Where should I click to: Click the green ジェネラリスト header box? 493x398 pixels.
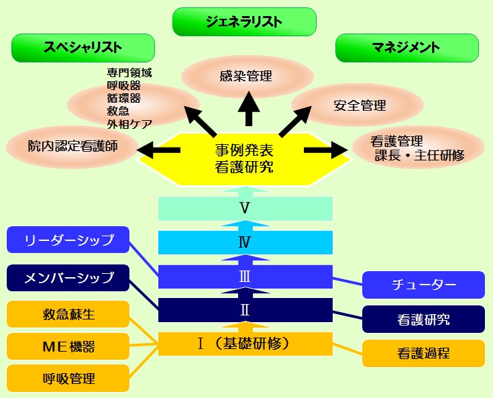(x=244, y=21)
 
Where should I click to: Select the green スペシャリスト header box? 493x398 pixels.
(x=83, y=48)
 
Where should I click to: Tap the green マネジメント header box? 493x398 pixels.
(x=407, y=48)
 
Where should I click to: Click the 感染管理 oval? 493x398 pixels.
(x=247, y=76)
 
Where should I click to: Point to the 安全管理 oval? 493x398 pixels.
(x=358, y=105)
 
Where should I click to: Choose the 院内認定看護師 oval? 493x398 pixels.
(x=72, y=146)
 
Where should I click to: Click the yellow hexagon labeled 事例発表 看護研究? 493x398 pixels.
(x=244, y=158)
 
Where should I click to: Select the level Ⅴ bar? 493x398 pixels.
(x=245, y=208)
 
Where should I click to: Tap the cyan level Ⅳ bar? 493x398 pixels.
(x=245, y=242)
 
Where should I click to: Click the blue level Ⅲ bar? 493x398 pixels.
(x=245, y=277)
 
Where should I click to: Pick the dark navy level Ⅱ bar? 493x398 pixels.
(x=245, y=310)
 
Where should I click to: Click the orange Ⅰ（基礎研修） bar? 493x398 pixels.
(x=245, y=344)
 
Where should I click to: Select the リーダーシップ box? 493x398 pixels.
(x=68, y=240)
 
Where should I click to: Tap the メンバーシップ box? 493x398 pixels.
(x=68, y=278)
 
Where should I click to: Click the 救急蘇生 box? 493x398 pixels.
(x=68, y=314)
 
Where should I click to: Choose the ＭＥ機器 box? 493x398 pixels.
(x=68, y=346)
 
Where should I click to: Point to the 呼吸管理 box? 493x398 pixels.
(x=68, y=379)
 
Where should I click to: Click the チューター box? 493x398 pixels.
(x=423, y=285)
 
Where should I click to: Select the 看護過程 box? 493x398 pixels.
(x=423, y=353)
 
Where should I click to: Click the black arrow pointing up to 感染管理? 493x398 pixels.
(x=249, y=109)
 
